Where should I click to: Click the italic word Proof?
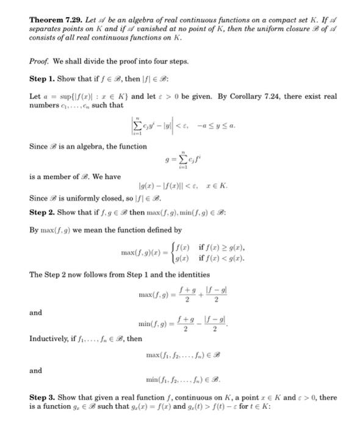(40, 61)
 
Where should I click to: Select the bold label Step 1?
(43, 79)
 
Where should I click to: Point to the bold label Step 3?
(43, 397)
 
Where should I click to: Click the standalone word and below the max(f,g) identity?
(36, 312)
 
